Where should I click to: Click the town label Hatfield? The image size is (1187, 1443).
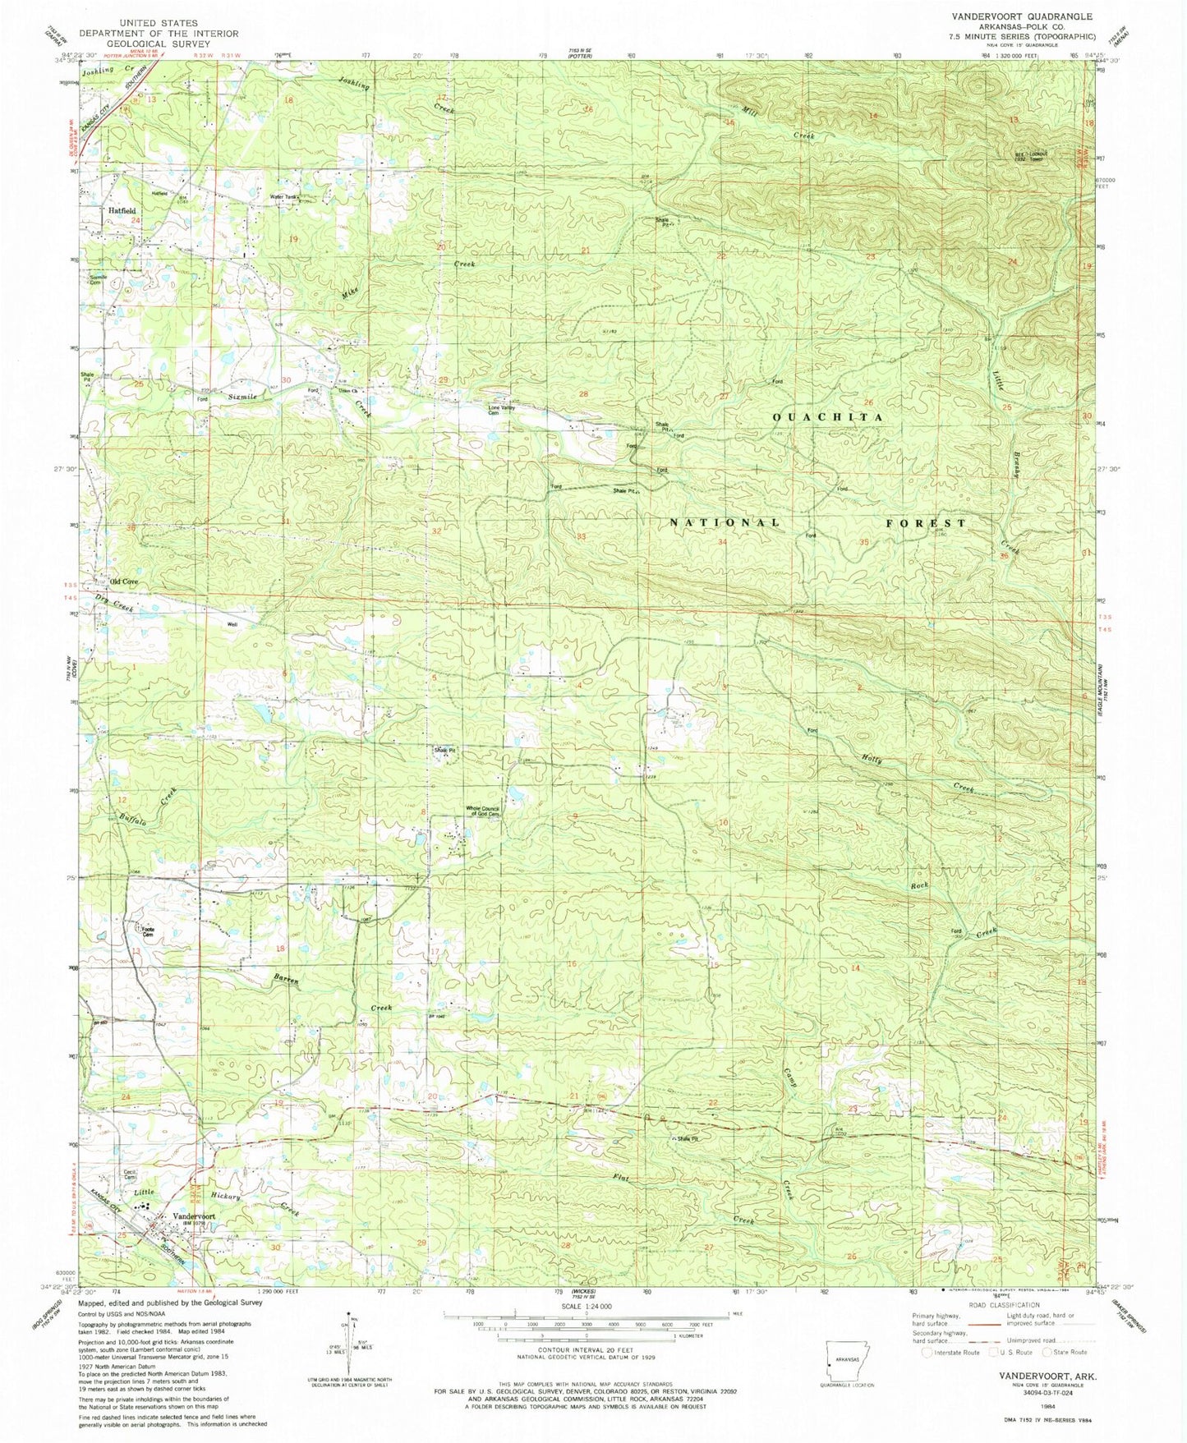(x=123, y=210)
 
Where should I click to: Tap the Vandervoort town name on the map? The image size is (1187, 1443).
(x=194, y=1216)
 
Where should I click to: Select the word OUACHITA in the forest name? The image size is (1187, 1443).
(x=828, y=417)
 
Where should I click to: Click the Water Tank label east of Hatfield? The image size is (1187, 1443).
(x=283, y=197)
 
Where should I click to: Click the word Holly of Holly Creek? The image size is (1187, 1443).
(x=872, y=760)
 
